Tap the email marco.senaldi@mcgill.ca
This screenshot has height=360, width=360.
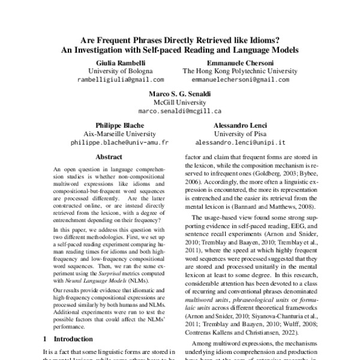pyautogui.click(x=180, y=111)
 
